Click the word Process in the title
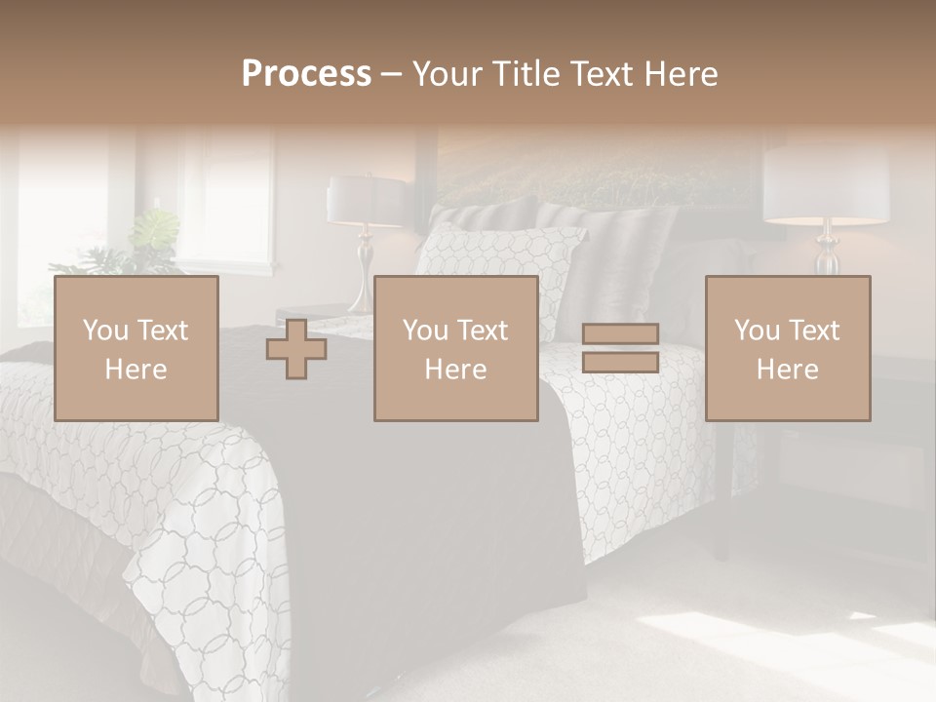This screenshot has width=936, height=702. [x=306, y=73]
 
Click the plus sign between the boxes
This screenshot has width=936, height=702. [x=296, y=348]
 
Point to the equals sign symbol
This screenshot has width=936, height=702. [x=620, y=348]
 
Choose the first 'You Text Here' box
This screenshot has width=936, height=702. [x=136, y=348]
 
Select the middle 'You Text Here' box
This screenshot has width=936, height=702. [x=455, y=348]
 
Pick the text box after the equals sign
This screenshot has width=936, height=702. [x=788, y=348]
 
